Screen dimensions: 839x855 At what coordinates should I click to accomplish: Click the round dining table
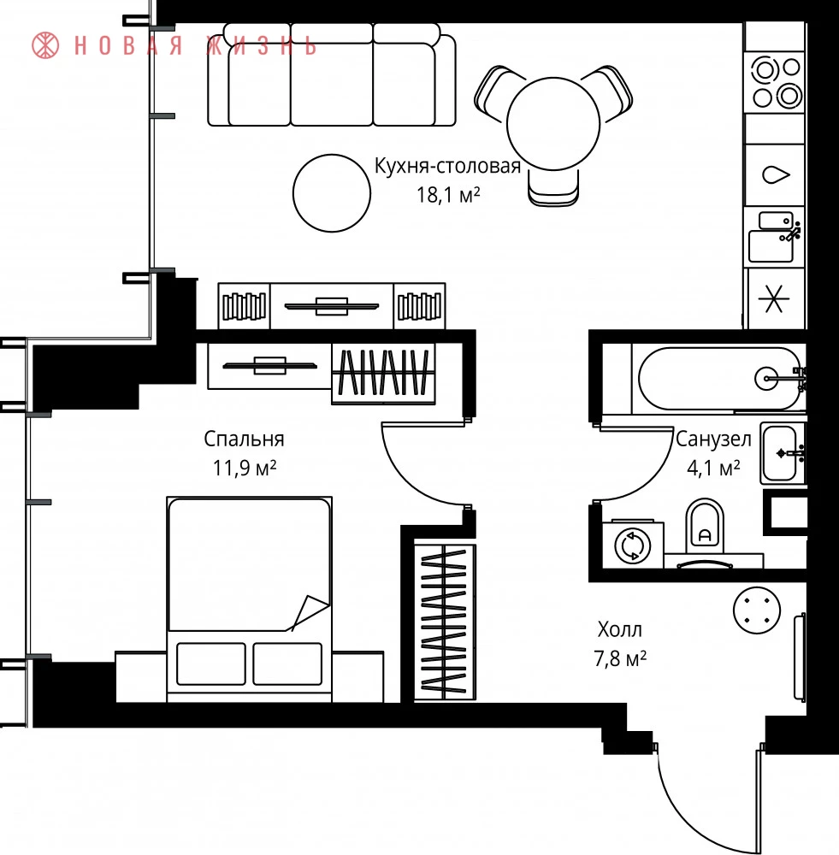point(553,124)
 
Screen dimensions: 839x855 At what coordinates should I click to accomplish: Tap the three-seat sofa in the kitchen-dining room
point(332,74)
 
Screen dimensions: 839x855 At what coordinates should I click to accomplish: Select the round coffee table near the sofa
point(332,193)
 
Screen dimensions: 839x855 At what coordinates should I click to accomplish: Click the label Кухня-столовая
point(447,166)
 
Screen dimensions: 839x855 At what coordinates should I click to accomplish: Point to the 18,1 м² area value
point(448,195)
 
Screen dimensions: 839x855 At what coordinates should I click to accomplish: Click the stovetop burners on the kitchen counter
point(777,83)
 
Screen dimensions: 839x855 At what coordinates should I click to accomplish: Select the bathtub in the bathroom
point(719,379)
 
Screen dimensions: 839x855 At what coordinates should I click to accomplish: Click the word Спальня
point(244,439)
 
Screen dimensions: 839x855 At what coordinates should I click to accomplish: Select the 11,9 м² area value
point(245,468)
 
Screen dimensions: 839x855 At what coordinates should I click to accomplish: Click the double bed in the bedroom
point(249,599)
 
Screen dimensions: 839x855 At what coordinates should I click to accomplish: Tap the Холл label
point(620,630)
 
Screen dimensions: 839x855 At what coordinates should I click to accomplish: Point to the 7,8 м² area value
point(620,658)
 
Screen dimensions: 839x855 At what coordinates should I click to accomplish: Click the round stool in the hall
point(757,610)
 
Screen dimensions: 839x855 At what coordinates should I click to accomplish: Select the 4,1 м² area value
point(713,468)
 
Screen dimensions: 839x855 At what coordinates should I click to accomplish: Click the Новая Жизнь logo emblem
point(45,45)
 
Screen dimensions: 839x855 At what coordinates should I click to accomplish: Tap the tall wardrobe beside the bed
point(445,622)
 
